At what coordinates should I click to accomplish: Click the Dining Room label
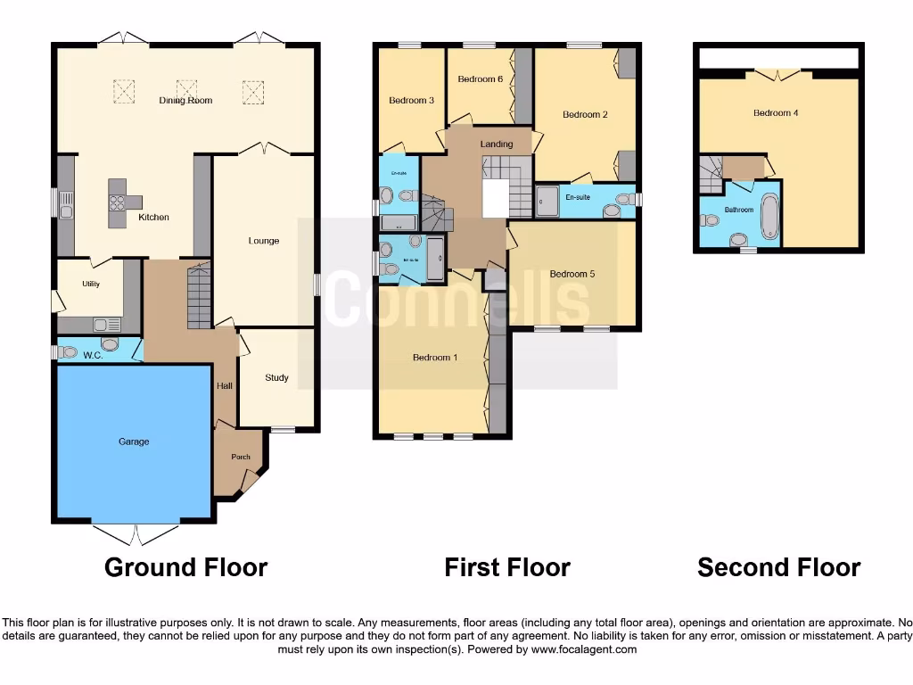[185, 101]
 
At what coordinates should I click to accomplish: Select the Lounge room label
[264, 241]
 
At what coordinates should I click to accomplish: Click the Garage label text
[135, 442]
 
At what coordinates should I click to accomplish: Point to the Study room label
[276, 377]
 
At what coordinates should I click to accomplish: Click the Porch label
[241, 457]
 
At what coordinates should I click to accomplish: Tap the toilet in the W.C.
[111, 345]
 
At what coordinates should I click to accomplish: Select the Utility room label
[90, 284]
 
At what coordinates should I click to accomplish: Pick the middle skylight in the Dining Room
[186, 89]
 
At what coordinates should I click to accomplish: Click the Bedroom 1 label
[434, 358]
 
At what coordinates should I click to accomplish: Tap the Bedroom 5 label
[572, 274]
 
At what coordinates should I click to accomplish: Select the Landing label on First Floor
[497, 144]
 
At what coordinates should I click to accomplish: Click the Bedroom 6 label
[481, 79]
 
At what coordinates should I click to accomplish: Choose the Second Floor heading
[778, 567]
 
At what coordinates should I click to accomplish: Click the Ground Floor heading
[185, 567]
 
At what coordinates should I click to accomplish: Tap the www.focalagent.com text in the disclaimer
[586, 649]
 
